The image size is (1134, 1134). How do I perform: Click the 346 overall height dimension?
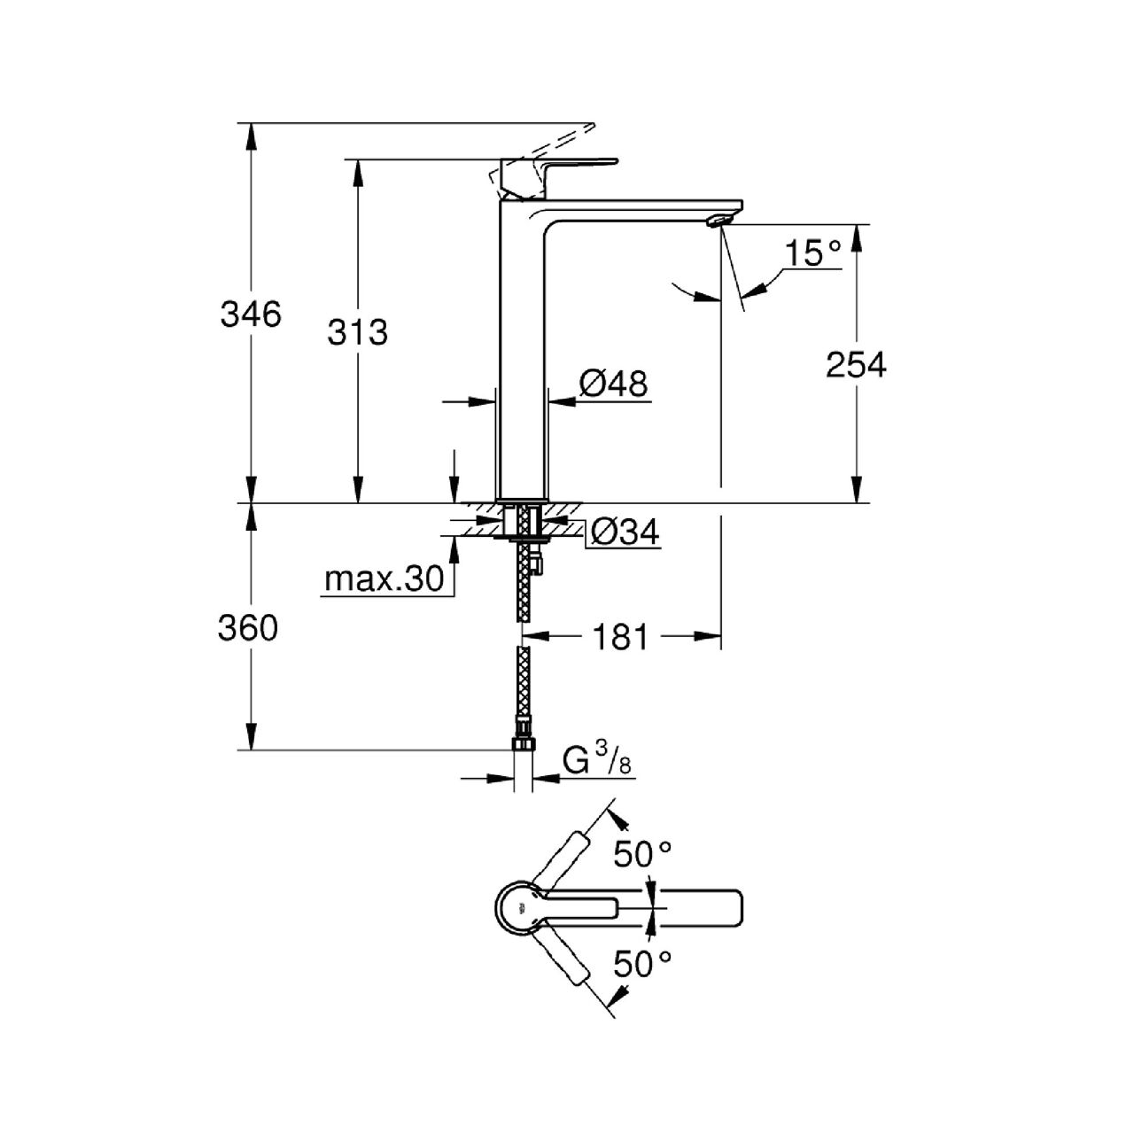(x=251, y=315)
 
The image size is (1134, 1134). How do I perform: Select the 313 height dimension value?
(x=357, y=332)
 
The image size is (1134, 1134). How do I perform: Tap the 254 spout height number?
(x=856, y=365)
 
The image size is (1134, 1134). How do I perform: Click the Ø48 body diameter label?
(x=613, y=384)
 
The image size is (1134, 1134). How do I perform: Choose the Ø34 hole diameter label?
(x=625, y=532)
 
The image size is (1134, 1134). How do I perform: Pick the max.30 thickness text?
(x=384, y=579)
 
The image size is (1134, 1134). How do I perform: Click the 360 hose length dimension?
(x=248, y=628)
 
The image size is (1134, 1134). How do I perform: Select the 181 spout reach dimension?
(x=619, y=637)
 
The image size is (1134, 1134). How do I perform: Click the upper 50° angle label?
(x=642, y=853)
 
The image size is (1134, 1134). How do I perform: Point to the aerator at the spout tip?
(x=718, y=221)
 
